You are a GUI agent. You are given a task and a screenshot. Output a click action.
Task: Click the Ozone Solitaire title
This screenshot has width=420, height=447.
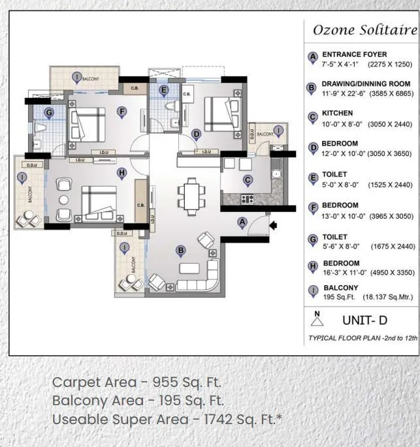pyautogui.click(x=364, y=30)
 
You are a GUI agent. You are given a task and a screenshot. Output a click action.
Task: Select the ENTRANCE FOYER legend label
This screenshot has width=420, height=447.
pyautogui.click(x=354, y=54)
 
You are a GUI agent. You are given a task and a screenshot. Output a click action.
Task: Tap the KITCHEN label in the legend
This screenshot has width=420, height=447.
pyautogui.click(x=337, y=113)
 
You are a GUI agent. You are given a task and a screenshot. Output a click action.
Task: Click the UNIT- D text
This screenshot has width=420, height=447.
pyautogui.click(x=365, y=320)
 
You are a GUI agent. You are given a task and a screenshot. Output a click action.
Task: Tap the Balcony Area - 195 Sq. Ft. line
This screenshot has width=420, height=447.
pyautogui.click(x=138, y=400)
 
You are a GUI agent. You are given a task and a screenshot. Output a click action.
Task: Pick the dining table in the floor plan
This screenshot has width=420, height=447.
pyautogui.click(x=192, y=194)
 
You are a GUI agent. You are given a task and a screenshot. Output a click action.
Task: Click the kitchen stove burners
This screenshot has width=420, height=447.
pyautogui.click(x=248, y=198)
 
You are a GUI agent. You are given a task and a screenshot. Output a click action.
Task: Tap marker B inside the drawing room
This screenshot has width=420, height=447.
pyautogui.click(x=181, y=249)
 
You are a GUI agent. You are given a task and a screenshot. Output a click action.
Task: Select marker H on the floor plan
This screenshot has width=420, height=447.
pyautogui.click(x=121, y=172)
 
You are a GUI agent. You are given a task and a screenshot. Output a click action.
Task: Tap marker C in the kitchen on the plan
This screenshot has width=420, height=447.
pyautogui.click(x=248, y=180)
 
